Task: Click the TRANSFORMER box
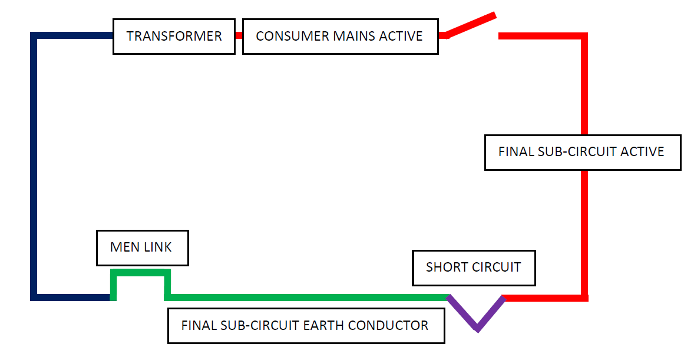point(174,37)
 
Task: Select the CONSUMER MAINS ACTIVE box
point(340,37)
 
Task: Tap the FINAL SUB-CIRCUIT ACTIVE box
point(582,152)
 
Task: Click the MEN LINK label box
point(142,247)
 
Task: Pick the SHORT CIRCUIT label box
point(474,267)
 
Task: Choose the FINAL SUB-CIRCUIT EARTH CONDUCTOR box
point(306,326)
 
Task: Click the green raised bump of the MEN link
point(141,273)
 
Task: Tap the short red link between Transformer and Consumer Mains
point(239,35)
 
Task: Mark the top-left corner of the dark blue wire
point(34,36)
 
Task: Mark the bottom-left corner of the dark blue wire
point(34,297)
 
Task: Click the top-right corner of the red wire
point(584,36)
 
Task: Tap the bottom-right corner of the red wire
point(584,298)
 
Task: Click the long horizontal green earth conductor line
point(306,297)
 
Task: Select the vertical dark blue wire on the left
point(34,165)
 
